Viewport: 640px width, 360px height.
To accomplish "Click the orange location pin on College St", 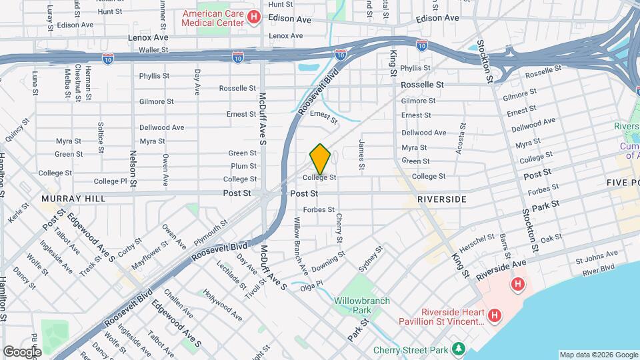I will pyautogui.click(x=320, y=159).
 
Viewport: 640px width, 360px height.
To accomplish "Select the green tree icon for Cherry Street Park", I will pyautogui.click(x=458, y=349).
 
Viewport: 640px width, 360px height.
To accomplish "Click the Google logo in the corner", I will pyautogui.click(x=21, y=351).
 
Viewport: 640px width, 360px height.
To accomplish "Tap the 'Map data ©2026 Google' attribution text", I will pyautogui.click(x=598, y=355).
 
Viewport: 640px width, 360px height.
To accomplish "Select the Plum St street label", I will pyautogui.click(x=243, y=166).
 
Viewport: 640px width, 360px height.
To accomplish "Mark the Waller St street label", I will pyautogui.click(x=153, y=49).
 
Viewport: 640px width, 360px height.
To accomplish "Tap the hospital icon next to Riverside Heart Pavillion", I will pyautogui.click(x=494, y=315).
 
